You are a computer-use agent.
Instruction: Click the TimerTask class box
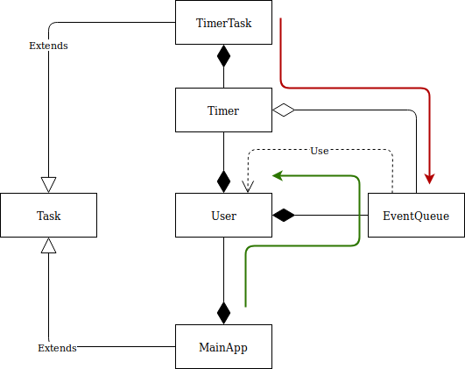[223, 23]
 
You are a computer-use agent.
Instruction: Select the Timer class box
[223, 110]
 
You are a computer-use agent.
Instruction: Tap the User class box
[223, 215]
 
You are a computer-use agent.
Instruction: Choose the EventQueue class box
[416, 215]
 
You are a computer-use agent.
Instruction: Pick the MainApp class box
[223, 347]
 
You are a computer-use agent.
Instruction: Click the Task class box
[49, 215]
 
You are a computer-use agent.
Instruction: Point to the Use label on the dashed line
[319, 151]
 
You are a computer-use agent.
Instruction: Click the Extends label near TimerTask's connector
[49, 45]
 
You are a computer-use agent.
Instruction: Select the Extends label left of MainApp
[57, 348]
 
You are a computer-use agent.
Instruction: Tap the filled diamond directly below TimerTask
[223, 56]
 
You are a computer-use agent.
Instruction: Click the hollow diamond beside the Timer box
[283, 110]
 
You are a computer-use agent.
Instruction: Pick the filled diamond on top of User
[223, 181]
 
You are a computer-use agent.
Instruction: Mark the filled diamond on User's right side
[283, 215]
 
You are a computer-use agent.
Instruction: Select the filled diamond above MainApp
[223, 312]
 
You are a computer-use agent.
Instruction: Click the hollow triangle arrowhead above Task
[49, 183]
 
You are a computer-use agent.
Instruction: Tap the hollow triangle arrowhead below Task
[49, 247]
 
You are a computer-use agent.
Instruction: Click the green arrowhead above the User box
[278, 175]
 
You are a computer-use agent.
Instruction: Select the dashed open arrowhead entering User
[248, 186]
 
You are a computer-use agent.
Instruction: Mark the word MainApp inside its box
[223, 347]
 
